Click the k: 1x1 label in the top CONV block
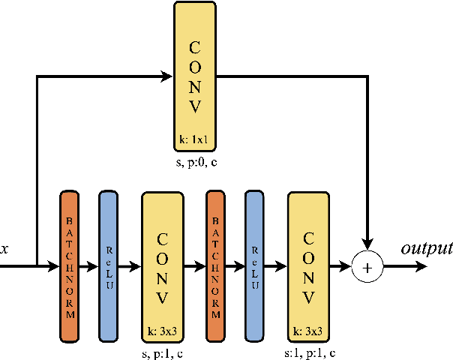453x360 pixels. tap(194, 139)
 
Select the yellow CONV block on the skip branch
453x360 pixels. tap(194, 75)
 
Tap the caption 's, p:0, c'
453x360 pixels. tap(194, 161)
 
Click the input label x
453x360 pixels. tap(5, 248)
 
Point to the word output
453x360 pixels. tap(427, 248)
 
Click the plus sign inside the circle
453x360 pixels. tap(367, 266)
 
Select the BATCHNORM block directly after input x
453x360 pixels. tap(69, 266)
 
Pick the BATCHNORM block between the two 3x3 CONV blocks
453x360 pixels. tap(215, 266)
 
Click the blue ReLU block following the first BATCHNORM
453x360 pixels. tap(109, 266)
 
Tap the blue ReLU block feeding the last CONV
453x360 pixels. tap(255, 266)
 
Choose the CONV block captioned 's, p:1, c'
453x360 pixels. tap(162, 266)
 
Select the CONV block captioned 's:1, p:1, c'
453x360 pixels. tap(308, 266)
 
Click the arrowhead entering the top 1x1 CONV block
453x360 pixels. tap(167, 76)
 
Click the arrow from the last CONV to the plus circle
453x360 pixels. tap(341, 266)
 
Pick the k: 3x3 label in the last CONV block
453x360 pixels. tap(308, 330)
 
